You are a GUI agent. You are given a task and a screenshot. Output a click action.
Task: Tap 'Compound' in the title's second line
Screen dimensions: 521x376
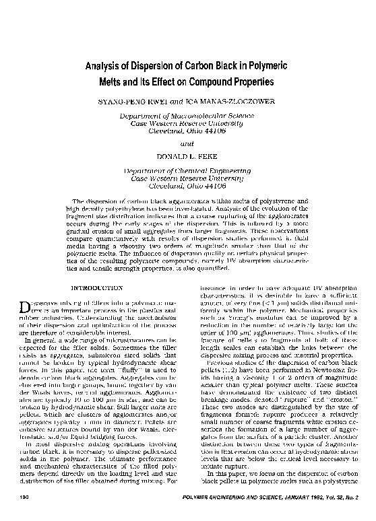pyautogui.click(x=206, y=82)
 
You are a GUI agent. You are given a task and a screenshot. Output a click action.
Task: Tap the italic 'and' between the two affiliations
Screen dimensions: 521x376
pyautogui.click(x=187, y=143)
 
